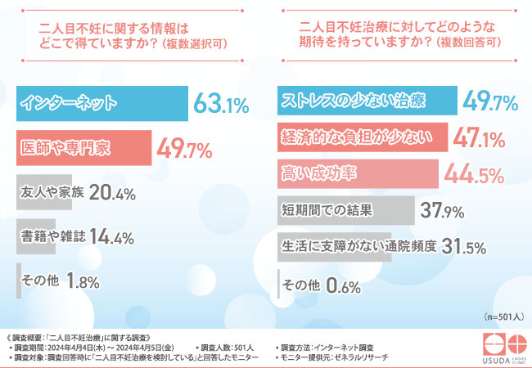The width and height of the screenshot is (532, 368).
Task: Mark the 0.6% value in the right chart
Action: coord(345,285)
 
